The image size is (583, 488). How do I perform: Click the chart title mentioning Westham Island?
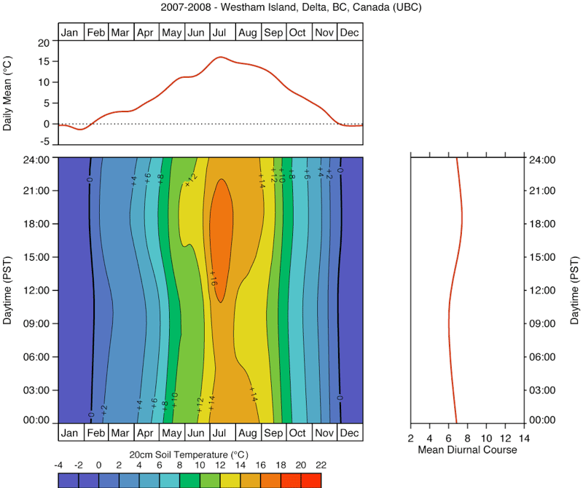291,7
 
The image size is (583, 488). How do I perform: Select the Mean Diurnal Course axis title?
467,450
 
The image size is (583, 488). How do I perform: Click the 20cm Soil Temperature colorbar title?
189,454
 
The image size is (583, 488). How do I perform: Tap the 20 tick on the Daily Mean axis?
43,43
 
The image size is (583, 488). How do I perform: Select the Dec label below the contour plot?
350,433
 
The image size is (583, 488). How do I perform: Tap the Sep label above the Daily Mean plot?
274,33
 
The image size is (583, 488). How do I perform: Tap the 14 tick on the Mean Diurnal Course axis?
523,438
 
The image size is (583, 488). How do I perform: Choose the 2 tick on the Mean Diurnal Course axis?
411,438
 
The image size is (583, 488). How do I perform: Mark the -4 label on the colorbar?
59,464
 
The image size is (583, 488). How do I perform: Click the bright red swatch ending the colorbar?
311,480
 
